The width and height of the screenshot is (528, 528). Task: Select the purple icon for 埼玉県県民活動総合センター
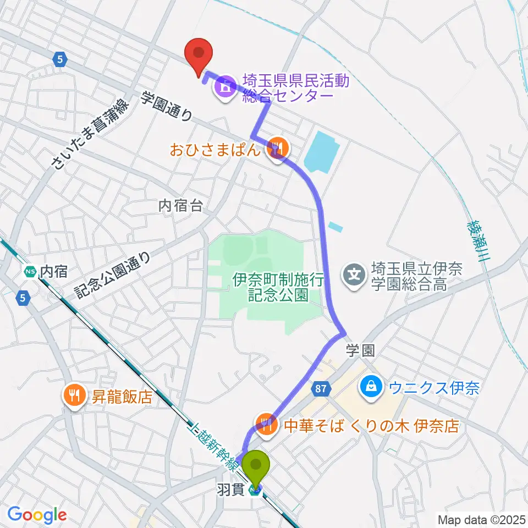tap(225, 86)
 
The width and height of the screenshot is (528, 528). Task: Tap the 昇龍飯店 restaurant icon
tap(73, 395)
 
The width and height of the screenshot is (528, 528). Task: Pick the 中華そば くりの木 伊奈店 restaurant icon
tap(266, 424)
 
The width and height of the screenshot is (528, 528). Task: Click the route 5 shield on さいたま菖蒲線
tap(59, 59)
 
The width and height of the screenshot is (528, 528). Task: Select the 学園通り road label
tap(167, 106)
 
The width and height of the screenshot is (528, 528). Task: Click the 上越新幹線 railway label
tap(214, 446)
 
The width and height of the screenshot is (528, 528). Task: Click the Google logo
tap(37, 515)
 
